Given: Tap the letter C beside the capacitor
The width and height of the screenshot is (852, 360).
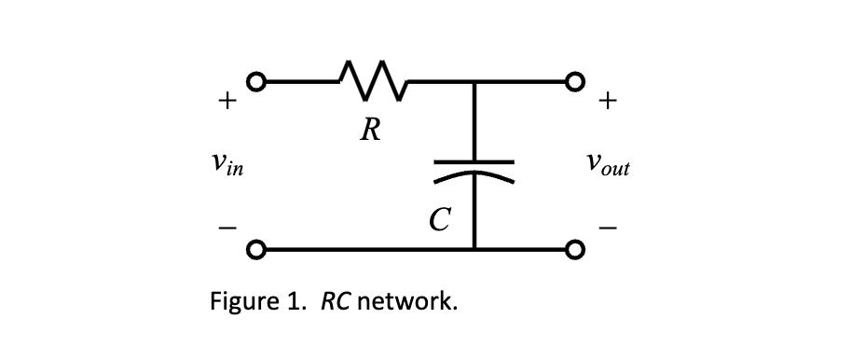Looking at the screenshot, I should [x=439, y=220].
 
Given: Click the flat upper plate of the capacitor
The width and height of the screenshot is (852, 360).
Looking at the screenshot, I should [x=474, y=161].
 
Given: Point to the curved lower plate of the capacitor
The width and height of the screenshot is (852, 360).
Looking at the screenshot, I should [x=474, y=175].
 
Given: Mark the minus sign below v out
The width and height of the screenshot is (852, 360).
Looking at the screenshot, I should [x=608, y=226].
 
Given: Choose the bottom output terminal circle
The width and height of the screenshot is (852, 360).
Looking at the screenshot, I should [x=576, y=250].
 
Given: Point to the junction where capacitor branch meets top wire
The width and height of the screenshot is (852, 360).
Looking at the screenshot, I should [x=474, y=81].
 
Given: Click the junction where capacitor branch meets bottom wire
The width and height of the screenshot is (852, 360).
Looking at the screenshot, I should [x=474, y=250].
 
